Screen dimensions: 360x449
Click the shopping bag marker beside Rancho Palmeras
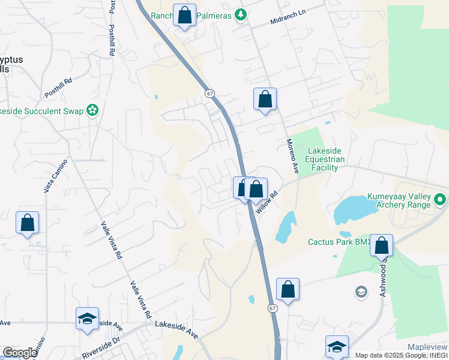pyautogui.click(x=185, y=15)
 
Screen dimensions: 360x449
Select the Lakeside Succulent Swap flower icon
pyautogui.click(x=92, y=110)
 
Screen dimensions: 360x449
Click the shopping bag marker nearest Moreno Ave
pyautogui.click(x=265, y=100)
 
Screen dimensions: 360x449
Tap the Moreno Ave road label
pyautogui.click(x=292, y=157)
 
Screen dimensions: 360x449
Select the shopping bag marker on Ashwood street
pyautogui.click(x=381, y=245)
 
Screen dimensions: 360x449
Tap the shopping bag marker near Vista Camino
pyautogui.click(x=27, y=223)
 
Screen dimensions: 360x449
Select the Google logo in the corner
pyautogui.click(x=19, y=353)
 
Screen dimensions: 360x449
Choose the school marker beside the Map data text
pyautogui.click(x=337, y=346)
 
